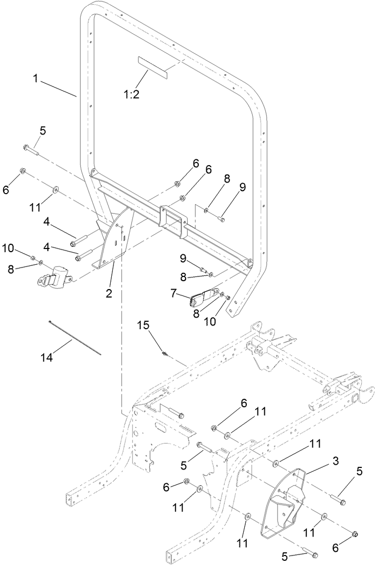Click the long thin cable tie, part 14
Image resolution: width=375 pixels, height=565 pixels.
tap(74, 338)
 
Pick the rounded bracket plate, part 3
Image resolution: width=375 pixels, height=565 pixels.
tap(284, 501)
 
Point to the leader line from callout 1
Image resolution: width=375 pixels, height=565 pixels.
tap(58, 87)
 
